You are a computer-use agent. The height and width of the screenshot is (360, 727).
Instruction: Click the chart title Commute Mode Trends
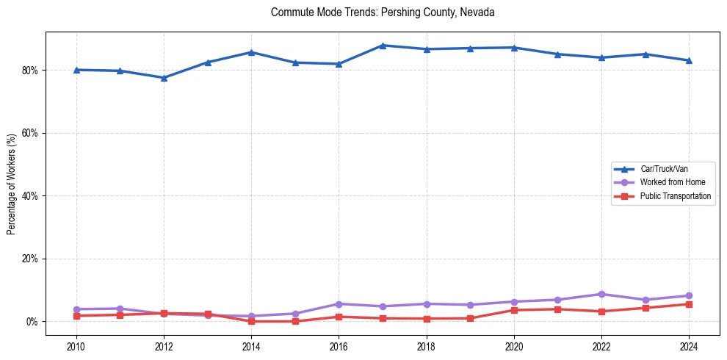pos(383,12)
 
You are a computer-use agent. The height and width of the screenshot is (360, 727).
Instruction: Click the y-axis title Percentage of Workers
pos(11,184)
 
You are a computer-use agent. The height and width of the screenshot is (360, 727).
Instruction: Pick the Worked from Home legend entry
pos(669,182)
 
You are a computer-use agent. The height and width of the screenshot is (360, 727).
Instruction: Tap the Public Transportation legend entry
pos(675,196)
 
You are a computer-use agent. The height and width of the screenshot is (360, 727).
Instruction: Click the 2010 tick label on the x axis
pos(76,346)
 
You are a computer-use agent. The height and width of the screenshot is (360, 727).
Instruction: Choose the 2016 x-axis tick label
pos(339,346)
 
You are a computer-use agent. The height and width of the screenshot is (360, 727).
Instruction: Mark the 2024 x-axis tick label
pos(689,346)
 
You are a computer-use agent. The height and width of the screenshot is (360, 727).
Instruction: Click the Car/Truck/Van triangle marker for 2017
pos(383,46)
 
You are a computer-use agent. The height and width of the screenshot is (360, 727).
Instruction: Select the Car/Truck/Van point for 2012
pos(164,78)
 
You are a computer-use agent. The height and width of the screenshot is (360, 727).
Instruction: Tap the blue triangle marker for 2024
pos(689,60)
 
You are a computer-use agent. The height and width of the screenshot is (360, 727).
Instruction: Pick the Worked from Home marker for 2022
pos(601,294)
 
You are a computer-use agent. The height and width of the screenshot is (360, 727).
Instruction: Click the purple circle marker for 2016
pos(339,303)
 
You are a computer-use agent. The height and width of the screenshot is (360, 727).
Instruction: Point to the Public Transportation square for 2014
pos(251,321)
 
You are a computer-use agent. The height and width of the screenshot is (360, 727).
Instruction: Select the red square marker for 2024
pos(689,304)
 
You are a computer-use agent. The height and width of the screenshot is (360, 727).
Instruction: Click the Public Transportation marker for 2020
pos(514,310)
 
